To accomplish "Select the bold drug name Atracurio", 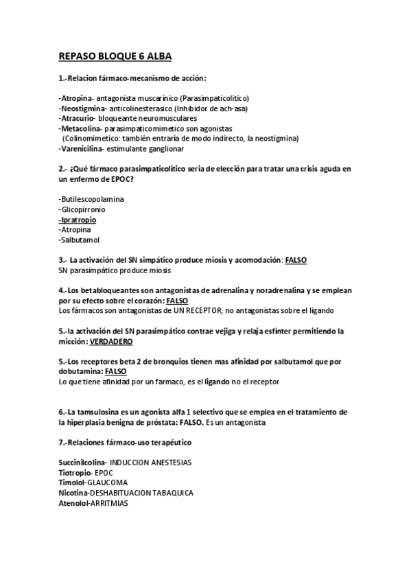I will click(x=78, y=118).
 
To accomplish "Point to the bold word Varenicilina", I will click(x=82, y=148).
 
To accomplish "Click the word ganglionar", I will click(x=165, y=148).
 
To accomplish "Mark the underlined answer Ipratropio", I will click(x=78, y=220).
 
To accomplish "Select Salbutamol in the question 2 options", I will click(x=79, y=240).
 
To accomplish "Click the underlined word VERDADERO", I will click(x=112, y=341).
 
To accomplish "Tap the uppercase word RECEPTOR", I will click(x=187, y=311).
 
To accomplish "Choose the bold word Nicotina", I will click(x=73, y=492).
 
